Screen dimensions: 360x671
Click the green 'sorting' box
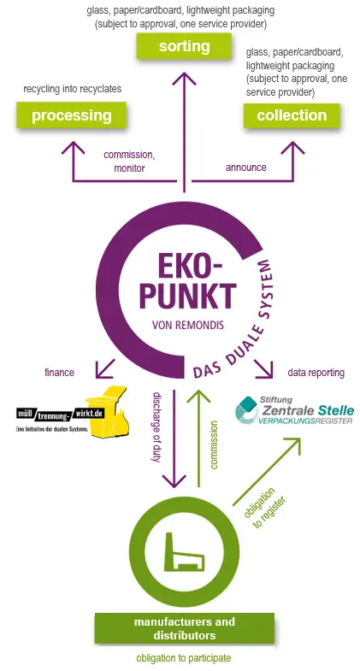pyautogui.click(x=184, y=46)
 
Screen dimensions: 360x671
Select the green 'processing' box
pyautogui.click(x=72, y=115)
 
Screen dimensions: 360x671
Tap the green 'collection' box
pyautogui.click(x=292, y=115)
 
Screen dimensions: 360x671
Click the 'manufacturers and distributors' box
pyautogui.click(x=185, y=628)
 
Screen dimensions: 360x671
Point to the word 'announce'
pyautogui.click(x=245, y=167)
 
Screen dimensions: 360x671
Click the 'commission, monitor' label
pyautogui.click(x=129, y=162)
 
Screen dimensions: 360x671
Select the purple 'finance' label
pyautogui.click(x=59, y=373)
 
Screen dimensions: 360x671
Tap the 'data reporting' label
pyautogui.click(x=316, y=373)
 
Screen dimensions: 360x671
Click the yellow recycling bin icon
pyautogui.click(x=108, y=412)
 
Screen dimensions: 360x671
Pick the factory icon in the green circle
pyautogui.click(x=185, y=552)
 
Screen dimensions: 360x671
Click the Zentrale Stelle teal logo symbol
pyautogui.click(x=247, y=409)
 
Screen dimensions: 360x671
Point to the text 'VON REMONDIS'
pyautogui.click(x=188, y=325)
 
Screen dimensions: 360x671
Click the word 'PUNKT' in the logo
pyautogui.click(x=188, y=296)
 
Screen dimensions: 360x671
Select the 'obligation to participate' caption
pyautogui.click(x=184, y=657)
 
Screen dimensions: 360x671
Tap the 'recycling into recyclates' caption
pyautogui.click(x=73, y=89)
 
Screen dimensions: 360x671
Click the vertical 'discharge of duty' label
pyautogui.click(x=156, y=427)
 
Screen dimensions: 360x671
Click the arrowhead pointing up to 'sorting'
pyautogui.click(x=185, y=79)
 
